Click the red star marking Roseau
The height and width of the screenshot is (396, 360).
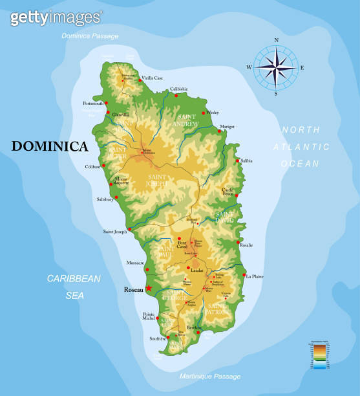(x=149, y=288)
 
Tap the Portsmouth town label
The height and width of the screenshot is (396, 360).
(x=93, y=103)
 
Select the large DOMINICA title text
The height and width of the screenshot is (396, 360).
(x=49, y=146)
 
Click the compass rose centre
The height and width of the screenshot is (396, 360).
(x=276, y=67)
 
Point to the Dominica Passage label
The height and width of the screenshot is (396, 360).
(x=91, y=36)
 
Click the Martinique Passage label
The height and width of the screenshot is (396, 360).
(x=209, y=376)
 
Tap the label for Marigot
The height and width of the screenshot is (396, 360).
(x=227, y=126)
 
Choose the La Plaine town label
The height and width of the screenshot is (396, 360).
(x=255, y=276)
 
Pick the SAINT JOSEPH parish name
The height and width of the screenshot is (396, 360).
(x=158, y=180)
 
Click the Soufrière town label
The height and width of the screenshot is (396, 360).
(x=158, y=338)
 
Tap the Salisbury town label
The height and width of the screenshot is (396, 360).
(x=105, y=199)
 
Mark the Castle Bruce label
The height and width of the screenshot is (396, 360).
(x=228, y=192)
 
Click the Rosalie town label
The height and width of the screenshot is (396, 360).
(x=246, y=245)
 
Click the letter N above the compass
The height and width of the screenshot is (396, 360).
(x=276, y=40)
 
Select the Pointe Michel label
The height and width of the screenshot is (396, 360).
(x=149, y=316)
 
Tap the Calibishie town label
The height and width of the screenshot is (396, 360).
(x=179, y=89)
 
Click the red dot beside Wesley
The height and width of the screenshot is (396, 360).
(x=204, y=113)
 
